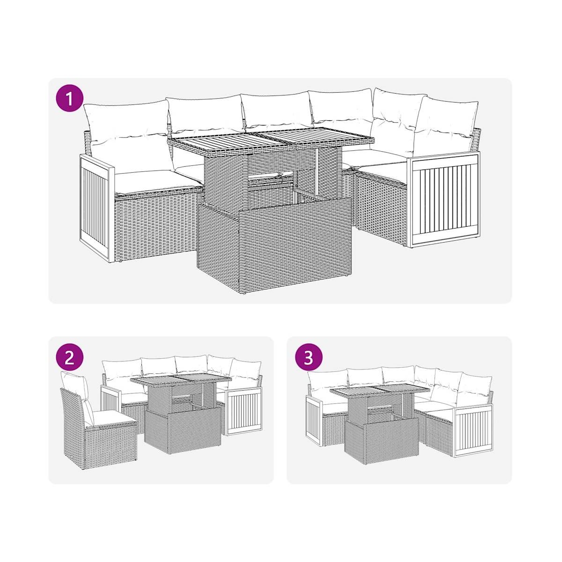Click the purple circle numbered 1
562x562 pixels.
click(69, 99)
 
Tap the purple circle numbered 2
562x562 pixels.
click(69, 358)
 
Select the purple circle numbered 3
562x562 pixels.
click(309, 358)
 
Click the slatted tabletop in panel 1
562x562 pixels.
click(271, 140)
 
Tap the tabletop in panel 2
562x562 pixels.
click(181, 380)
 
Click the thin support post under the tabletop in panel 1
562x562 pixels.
click(318, 172)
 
